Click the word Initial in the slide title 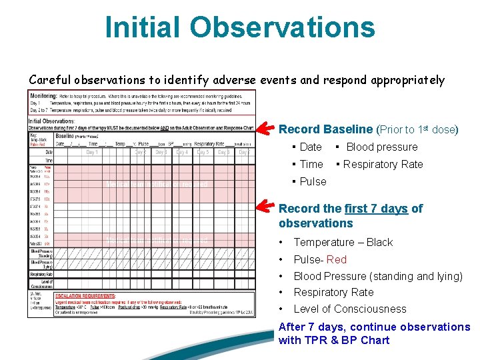click(142, 27)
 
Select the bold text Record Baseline click(325, 129)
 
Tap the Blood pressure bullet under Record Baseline click(381, 147)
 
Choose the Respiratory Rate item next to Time click(383, 165)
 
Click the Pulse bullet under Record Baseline click(313, 181)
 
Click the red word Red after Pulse click(337, 259)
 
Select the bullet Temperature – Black click(343, 243)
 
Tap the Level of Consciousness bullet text click(349, 309)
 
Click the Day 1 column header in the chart click(91, 152)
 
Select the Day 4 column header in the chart click(182, 152)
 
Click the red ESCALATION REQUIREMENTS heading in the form click(85, 295)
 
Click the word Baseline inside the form click(69, 135)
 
